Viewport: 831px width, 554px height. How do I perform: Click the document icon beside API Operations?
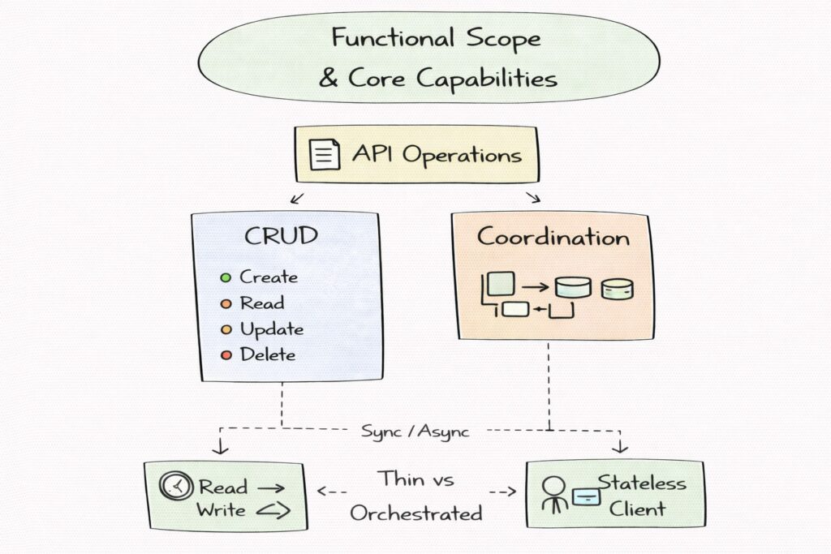click(325, 154)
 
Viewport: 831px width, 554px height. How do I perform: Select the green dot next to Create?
click(226, 277)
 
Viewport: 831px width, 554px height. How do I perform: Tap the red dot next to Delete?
click(226, 355)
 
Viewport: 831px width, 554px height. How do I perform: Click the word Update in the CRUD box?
click(271, 329)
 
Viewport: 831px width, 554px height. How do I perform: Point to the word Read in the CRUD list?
click(261, 303)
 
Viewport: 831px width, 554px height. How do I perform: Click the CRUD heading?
click(281, 238)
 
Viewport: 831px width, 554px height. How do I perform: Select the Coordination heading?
click(553, 238)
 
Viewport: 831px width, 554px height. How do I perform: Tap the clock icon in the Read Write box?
click(176, 487)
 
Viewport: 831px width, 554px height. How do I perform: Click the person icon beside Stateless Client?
click(556, 493)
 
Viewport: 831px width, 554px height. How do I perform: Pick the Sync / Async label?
click(415, 431)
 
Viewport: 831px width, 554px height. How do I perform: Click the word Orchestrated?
click(415, 513)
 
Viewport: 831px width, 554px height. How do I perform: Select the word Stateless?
click(642, 483)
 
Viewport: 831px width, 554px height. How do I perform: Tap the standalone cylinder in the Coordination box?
click(618, 289)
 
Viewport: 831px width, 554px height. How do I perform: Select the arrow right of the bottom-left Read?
click(269, 488)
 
